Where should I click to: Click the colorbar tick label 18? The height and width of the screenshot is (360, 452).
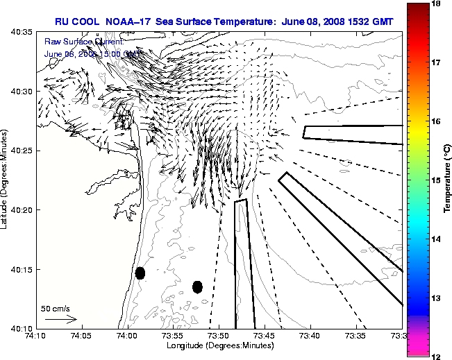click(x=437, y=4)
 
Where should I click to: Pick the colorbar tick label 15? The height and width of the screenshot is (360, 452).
click(x=437, y=180)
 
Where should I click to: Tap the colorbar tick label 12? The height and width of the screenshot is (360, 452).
click(x=437, y=355)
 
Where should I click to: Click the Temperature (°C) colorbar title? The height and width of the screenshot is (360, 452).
click(x=449, y=180)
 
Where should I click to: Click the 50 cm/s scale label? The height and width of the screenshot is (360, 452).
click(x=56, y=309)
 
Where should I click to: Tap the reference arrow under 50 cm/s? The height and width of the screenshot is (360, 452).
click(x=60, y=319)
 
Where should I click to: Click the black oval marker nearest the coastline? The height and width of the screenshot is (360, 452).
click(x=140, y=273)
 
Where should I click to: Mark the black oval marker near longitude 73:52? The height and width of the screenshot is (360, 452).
click(x=197, y=286)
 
